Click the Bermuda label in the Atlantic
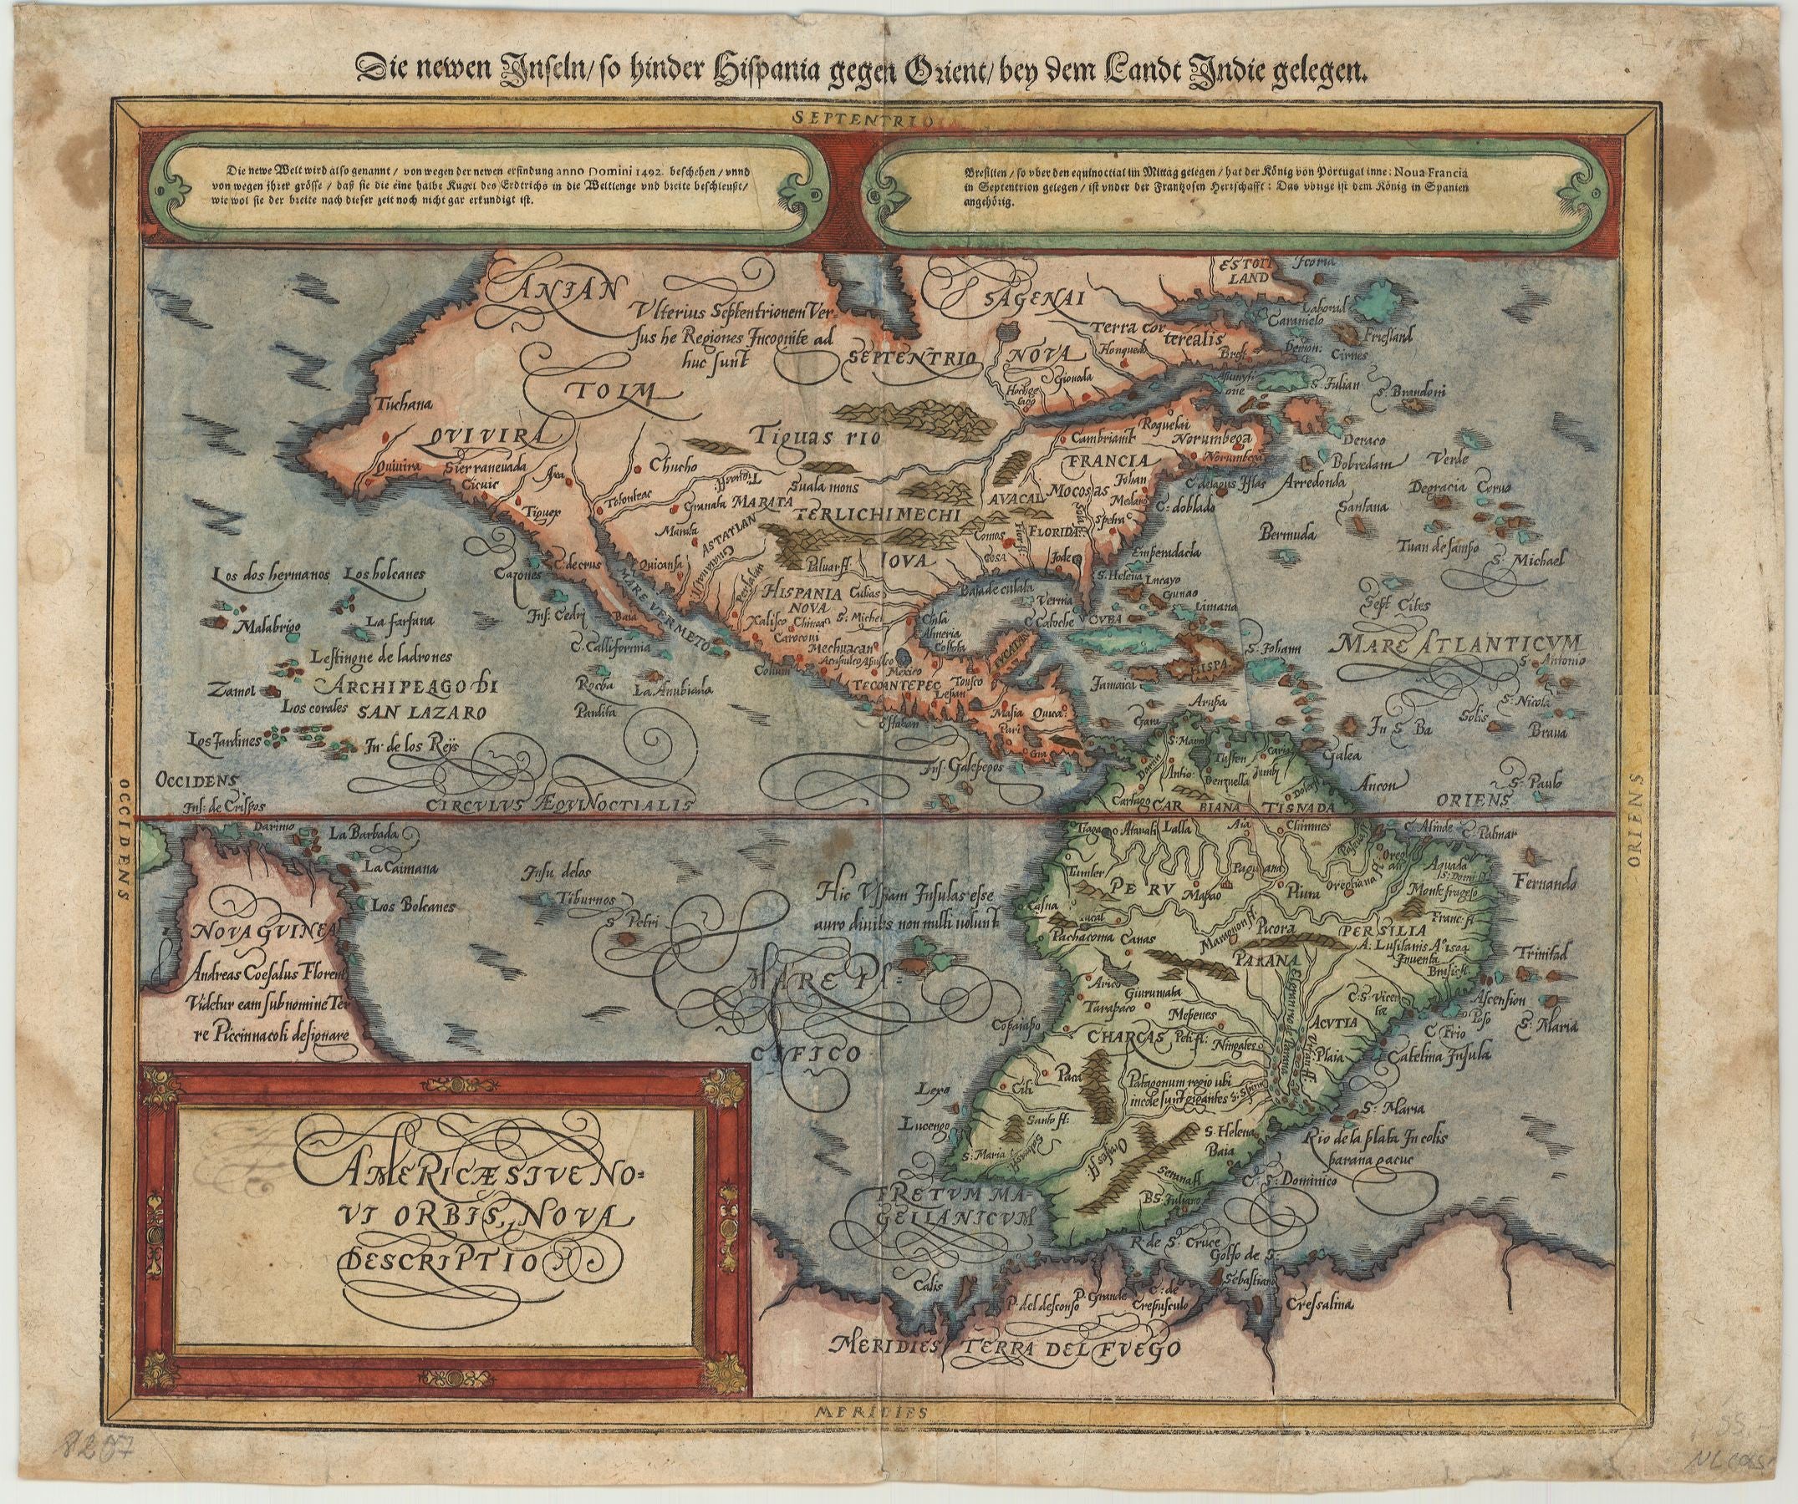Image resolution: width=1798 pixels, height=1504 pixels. (x=1285, y=535)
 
